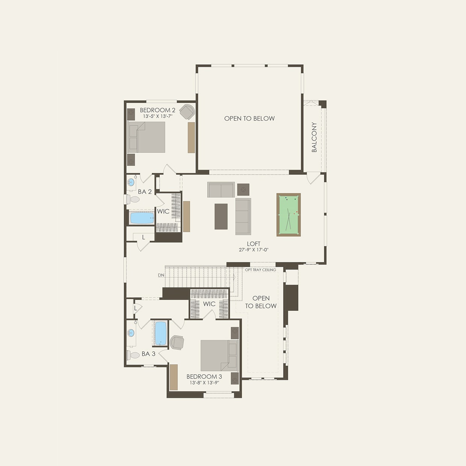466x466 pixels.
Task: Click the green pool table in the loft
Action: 289,215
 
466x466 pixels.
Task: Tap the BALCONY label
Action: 314,137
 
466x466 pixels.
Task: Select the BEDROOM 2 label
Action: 157,110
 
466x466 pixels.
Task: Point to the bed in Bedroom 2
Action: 147,137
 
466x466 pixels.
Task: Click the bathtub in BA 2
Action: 142,218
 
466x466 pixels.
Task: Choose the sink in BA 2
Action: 131,183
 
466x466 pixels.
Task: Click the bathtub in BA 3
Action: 160,333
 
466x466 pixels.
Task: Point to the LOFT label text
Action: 254,244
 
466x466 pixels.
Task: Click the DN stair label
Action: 161,275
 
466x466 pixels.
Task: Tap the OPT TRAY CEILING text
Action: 260,270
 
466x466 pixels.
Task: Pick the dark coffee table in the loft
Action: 221,216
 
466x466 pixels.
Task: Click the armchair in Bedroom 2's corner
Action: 187,111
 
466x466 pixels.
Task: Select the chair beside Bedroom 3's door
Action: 177,342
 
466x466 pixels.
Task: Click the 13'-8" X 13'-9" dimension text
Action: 204,383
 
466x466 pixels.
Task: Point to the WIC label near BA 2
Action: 163,212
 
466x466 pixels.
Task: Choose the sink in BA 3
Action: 131,333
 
